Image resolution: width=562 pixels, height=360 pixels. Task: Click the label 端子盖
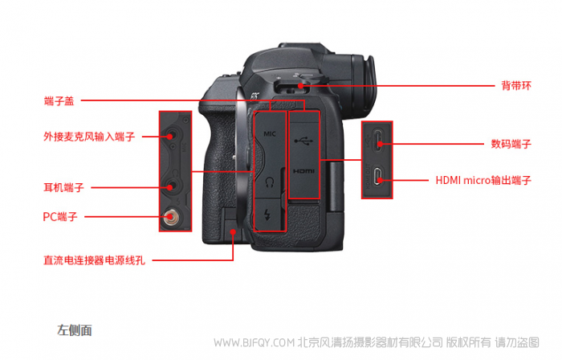(59, 100)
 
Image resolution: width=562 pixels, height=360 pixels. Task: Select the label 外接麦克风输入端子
(89, 137)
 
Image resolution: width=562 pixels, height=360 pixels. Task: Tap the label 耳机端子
(63, 187)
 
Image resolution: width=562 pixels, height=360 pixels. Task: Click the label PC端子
(60, 217)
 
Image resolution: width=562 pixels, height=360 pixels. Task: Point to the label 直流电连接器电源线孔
(94, 260)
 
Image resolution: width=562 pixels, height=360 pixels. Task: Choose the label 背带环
(516, 86)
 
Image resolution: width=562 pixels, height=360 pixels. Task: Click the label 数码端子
(511, 144)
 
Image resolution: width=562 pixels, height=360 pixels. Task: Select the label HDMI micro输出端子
(483, 180)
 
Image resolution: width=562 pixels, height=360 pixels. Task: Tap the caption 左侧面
(75, 330)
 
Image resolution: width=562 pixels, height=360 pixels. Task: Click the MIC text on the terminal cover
(270, 133)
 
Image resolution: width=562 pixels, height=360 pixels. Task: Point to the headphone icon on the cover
(270, 182)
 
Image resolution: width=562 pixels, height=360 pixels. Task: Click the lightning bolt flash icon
(267, 215)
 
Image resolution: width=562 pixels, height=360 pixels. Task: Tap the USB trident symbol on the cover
(303, 141)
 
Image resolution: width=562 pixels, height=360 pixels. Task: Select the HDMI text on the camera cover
(303, 171)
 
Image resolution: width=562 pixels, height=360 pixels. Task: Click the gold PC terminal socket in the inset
(169, 217)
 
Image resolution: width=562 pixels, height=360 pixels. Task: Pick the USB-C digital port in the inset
(379, 140)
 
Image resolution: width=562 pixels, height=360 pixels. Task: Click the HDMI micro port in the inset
(378, 177)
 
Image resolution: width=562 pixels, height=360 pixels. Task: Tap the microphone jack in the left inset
(170, 137)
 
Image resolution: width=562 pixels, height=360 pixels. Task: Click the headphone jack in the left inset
(170, 186)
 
